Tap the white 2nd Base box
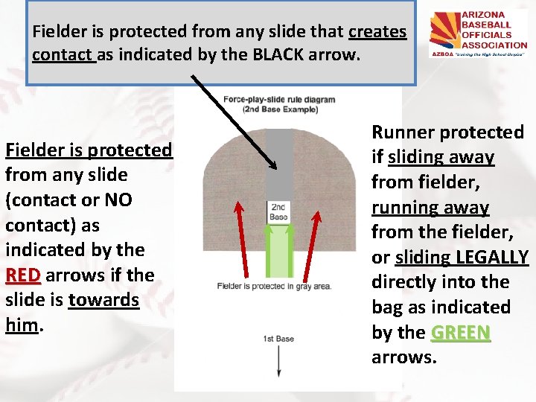(278, 212)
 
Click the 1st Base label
(278, 339)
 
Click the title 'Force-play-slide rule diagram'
(279, 100)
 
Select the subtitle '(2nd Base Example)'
(279, 109)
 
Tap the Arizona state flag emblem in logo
(447, 33)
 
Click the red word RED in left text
(23, 275)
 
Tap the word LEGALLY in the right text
(492, 257)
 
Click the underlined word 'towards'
(103, 300)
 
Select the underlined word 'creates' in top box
(377, 32)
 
